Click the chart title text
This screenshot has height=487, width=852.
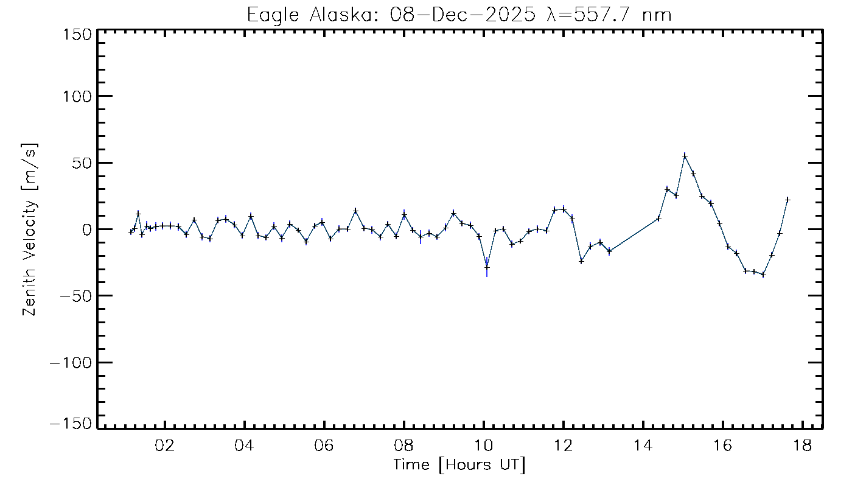[459, 15]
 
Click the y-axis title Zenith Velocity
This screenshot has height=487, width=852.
[29, 229]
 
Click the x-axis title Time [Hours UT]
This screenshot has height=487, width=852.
[459, 465]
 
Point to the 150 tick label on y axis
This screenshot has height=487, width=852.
[77, 35]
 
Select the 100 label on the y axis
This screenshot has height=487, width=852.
[77, 96]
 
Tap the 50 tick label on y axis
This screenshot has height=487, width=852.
[82, 163]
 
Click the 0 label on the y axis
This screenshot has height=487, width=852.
[87, 229]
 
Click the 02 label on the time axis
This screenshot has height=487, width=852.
[165, 446]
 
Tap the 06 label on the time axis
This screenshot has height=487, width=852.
[324, 446]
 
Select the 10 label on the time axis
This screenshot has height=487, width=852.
[484, 446]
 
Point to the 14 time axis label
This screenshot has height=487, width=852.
[643, 446]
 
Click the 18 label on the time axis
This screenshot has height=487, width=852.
[803, 446]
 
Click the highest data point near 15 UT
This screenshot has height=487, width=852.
[685, 156]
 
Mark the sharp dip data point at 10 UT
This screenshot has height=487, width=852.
[487, 267]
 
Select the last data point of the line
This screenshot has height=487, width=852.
[787, 200]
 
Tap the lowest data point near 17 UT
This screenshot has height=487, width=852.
[763, 275]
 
